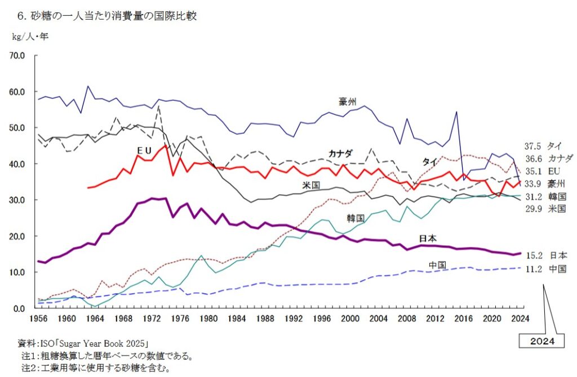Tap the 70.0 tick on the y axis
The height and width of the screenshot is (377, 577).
[17, 56]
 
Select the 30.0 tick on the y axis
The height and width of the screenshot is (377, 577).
[17, 200]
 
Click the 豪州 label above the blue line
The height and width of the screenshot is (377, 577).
[348, 101]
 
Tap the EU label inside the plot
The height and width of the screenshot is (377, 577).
[144, 150]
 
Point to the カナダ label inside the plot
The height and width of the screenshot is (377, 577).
[340, 153]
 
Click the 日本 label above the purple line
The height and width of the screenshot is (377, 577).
[428, 239]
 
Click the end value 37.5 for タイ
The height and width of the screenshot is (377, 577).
[533, 146]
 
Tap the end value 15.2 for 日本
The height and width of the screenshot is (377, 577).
[533, 255]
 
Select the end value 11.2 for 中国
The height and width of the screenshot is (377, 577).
[533, 270]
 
